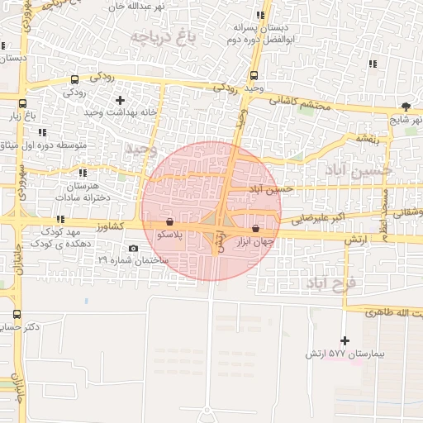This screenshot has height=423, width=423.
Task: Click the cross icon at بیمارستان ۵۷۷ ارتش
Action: pyautogui.click(x=345, y=340)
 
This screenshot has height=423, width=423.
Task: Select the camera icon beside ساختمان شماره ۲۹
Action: pyautogui.click(x=134, y=248)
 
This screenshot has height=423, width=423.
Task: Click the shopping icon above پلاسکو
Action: pyautogui.click(x=169, y=222)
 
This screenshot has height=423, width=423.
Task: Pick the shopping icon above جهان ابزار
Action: pyautogui.click(x=255, y=228)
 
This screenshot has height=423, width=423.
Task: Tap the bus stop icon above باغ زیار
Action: pyautogui.click(x=21, y=105)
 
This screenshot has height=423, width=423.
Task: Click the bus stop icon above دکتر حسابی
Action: pyautogui.click(x=17, y=314)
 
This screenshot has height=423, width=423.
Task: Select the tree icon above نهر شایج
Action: pyautogui.click(x=405, y=106)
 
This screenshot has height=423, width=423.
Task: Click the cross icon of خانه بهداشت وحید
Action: pyautogui.click(x=121, y=100)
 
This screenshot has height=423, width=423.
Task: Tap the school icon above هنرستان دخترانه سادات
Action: pyautogui.click(x=82, y=173)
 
